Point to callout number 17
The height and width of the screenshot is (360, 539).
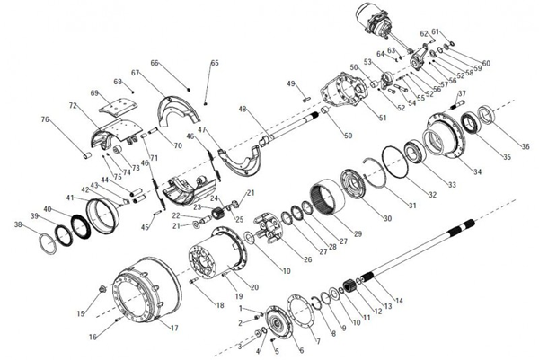point(173,329)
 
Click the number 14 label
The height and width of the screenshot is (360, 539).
point(399,300)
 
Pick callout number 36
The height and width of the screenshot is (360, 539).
point(526,147)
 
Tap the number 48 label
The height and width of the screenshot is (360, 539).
point(242,109)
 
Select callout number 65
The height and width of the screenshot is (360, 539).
point(215,63)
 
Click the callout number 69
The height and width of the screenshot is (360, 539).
point(94,93)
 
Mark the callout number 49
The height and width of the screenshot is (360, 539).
point(291,83)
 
